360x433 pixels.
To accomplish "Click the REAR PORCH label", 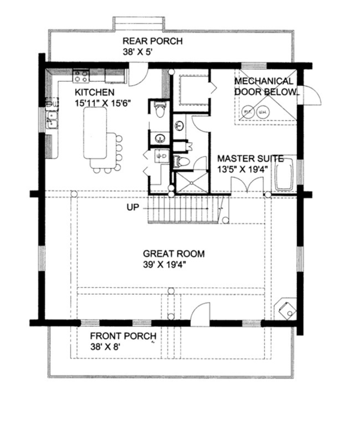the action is [x=152, y=41].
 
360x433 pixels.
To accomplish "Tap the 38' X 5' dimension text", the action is [x=137, y=52].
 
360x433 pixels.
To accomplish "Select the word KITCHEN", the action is [x=95, y=92].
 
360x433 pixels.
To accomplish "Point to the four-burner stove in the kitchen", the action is [x=81, y=76].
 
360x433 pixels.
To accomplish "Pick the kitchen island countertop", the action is [x=95, y=133].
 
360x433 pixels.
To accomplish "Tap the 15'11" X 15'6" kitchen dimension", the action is [x=103, y=103].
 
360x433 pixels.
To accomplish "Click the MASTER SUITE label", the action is [x=250, y=159].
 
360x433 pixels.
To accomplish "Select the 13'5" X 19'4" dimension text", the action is [x=243, y=169].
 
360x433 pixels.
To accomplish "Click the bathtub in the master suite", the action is [x=284, y=174].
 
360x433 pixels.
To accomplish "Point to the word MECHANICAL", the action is [x=264, y=81].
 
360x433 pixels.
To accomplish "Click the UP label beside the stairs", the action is [x=133, y=207].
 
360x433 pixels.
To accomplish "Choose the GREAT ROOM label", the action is [x=174, y=253].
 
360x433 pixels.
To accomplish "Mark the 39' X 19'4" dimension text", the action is [x=164, y=265].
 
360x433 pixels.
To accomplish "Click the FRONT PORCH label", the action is [x=124, y=336].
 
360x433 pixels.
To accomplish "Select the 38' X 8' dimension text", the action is [x=105, y=347].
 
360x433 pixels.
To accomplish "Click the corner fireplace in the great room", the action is [x=286, y=309].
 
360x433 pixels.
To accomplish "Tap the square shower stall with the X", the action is [x=191, y=182].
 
